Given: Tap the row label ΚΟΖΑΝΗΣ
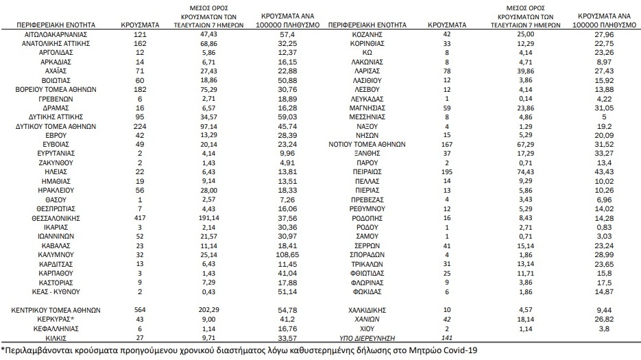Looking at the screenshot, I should click(367, 33).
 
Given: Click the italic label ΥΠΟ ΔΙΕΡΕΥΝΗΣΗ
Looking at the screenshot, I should click(367, 337).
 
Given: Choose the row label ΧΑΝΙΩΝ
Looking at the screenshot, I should click(367, 319).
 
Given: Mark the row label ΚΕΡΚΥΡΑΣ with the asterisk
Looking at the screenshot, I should click(58, 319).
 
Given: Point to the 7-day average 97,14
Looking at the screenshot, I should click(213, 127).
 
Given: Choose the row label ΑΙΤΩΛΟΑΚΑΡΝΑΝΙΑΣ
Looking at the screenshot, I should click(58, 33).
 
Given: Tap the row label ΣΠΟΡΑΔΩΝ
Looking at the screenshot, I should click(367, 254).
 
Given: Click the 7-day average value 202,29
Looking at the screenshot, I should click(213, 310).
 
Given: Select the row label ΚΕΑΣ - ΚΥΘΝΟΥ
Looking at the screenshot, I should click(58, 291).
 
